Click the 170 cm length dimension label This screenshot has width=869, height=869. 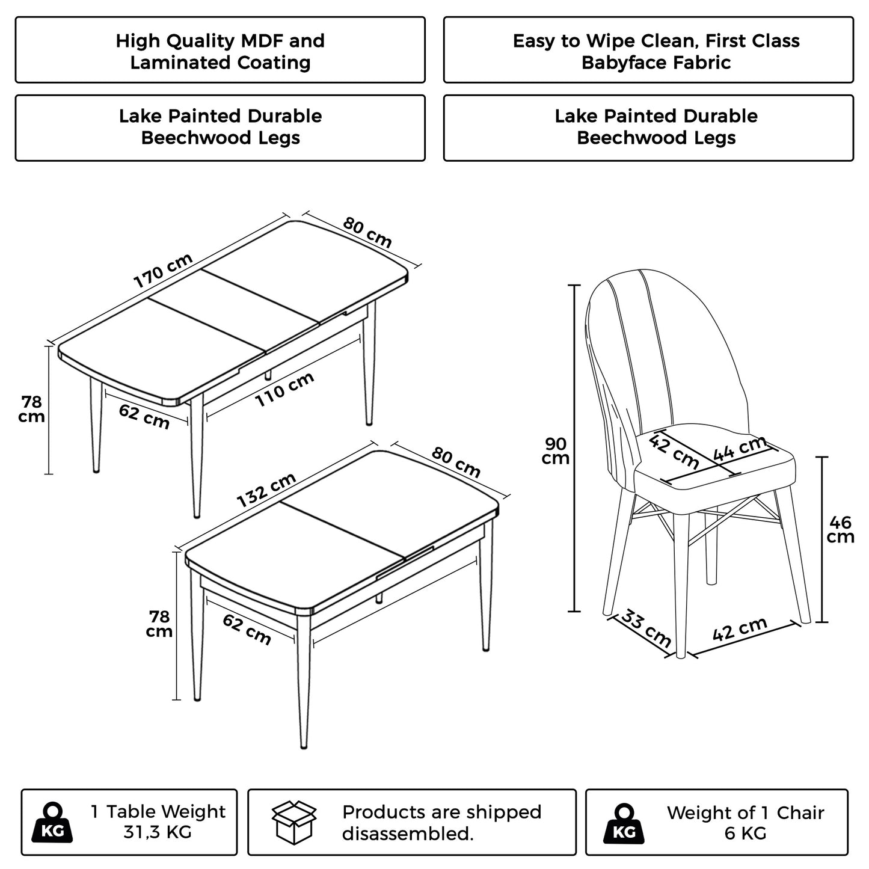coord(163,271)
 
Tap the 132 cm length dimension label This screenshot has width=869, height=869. coord(266,490)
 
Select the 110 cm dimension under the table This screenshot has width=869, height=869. coord(285,389)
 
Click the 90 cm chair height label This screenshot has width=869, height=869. coord(556,451)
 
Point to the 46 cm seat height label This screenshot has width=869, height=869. coord(840,529)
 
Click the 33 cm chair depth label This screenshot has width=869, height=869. coord(646,628)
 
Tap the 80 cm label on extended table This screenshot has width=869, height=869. coord(367,232)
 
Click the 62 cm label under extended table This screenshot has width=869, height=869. coord(144,416)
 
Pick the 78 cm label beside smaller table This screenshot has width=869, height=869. coord(160,624)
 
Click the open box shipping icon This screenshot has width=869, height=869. coord(295,822)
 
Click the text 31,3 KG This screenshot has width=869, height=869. coord(158,833)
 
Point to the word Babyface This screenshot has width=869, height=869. coord(625,63)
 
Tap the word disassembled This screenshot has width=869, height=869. coord(407,834)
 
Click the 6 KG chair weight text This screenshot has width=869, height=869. coord(745,834)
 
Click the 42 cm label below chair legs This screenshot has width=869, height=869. coord(740,629)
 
